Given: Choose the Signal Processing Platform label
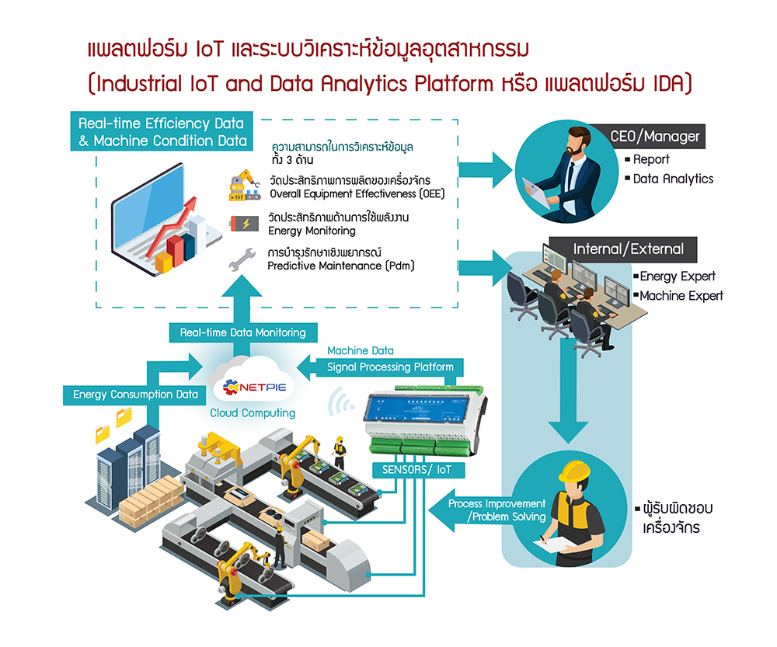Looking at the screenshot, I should tap(390, 366).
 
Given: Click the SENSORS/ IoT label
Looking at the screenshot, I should tap(417, 470).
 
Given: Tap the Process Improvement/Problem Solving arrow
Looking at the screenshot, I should tap(490, 510).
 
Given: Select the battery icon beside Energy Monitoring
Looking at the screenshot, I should tap(245, 224).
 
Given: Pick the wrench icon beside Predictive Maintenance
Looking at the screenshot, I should tap(242, 259).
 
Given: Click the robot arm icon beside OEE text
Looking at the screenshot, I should tap(243, 186).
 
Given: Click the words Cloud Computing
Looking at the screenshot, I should tap(253, 413).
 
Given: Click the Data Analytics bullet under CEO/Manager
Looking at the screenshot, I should tap(673, 179).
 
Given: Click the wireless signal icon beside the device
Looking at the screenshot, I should tap(338, 402).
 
